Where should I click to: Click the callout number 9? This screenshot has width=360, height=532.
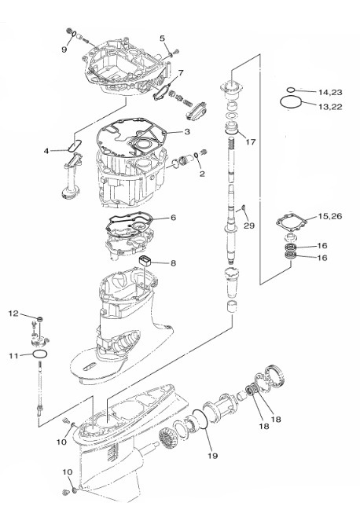[64, 50]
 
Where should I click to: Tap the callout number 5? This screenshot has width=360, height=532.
[162, 39]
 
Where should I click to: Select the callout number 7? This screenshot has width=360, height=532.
[181, 72]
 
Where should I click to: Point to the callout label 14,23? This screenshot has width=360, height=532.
[330, 92]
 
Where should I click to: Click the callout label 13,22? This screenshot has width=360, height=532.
[330, 107]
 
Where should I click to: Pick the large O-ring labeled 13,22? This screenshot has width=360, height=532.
[291, 102]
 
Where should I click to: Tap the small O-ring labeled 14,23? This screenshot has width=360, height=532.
[291, 90]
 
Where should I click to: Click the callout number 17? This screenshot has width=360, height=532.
[251, 141]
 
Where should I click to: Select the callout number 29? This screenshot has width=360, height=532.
[249, 226]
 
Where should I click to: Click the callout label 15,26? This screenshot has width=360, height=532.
[330, 216]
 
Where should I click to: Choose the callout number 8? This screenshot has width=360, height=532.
[173, 263]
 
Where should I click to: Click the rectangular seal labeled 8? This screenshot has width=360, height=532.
[145, 262]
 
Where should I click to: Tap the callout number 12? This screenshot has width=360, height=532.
[13, 314]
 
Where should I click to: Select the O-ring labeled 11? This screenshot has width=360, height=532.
[40, 354]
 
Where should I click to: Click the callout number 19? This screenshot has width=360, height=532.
[212, 456]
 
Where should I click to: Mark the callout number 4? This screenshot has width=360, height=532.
[46, 151]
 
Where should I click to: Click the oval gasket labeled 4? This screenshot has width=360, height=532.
[74, 146]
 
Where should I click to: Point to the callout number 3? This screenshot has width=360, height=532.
[187, 131]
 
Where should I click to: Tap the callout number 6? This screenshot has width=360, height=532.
[173, 217]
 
